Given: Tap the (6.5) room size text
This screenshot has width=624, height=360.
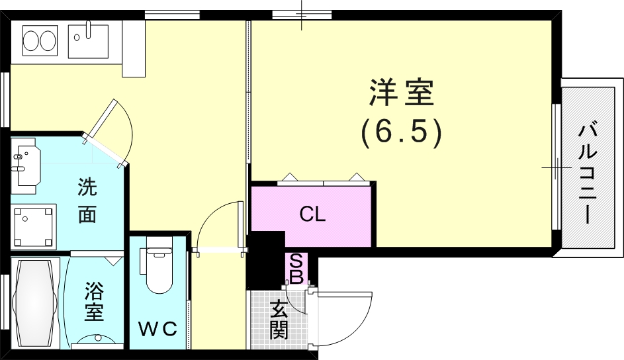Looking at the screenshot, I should tap(402, 133).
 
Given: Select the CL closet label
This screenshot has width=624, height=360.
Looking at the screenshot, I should tap(312, 214).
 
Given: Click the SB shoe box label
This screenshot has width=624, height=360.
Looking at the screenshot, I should tap(296, 268).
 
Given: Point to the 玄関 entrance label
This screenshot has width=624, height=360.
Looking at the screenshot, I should tap(279, 320).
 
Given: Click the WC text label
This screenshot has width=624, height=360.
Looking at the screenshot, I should tap(157, 329).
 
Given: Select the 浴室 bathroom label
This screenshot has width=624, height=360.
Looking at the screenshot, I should tap(94, 301).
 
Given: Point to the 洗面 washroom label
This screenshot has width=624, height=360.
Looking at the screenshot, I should tap(87, 201).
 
